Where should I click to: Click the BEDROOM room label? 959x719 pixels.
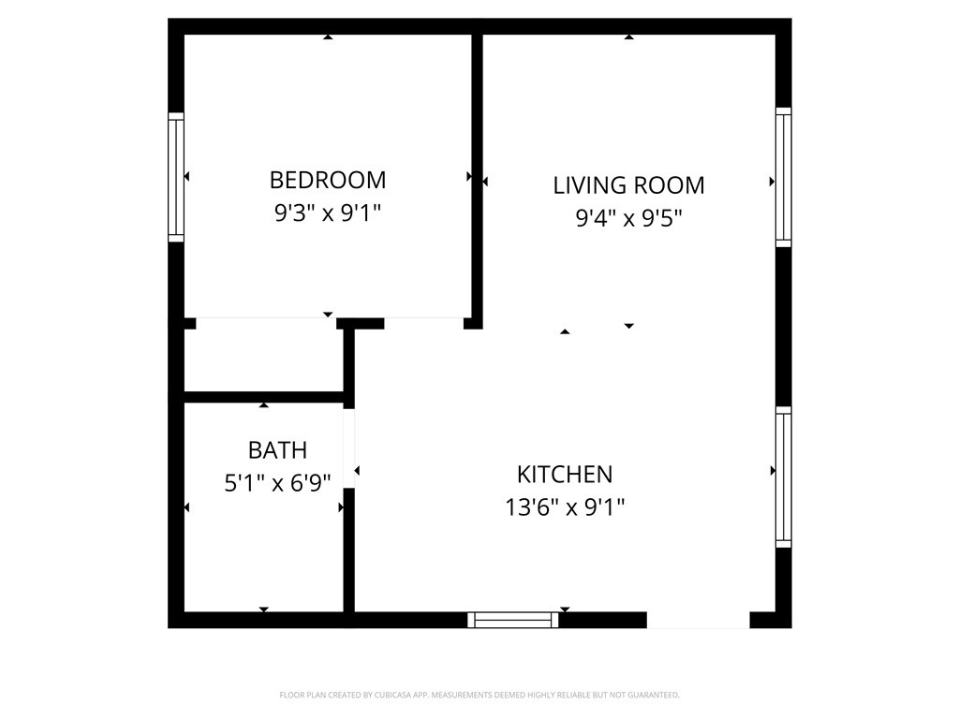point(327,179)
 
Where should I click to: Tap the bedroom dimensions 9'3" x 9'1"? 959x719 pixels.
point(327,213)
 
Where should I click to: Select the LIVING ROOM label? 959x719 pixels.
point(628,184)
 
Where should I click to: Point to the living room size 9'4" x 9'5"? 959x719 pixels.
point(628,219)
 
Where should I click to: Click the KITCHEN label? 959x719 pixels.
point(565,474)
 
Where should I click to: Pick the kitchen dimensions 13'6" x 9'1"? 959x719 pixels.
point(565,507)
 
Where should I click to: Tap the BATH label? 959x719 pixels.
point(277,450)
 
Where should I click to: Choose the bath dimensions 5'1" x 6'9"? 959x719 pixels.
point(277,484)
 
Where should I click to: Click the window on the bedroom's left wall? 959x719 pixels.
point(176,177)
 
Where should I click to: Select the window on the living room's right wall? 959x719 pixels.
point(783,177)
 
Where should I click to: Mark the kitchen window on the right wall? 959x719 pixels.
point(783,477)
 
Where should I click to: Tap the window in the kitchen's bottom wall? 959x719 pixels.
point(513,619)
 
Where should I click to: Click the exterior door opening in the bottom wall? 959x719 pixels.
point(698,619)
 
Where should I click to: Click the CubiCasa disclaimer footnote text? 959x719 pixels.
point(479,695)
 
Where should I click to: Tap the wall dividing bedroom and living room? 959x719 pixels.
point(477,178)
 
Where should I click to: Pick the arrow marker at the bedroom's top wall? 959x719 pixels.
point(328,37)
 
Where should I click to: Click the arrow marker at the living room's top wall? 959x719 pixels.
point(629,37)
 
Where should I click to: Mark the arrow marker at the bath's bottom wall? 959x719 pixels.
point(264,609)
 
